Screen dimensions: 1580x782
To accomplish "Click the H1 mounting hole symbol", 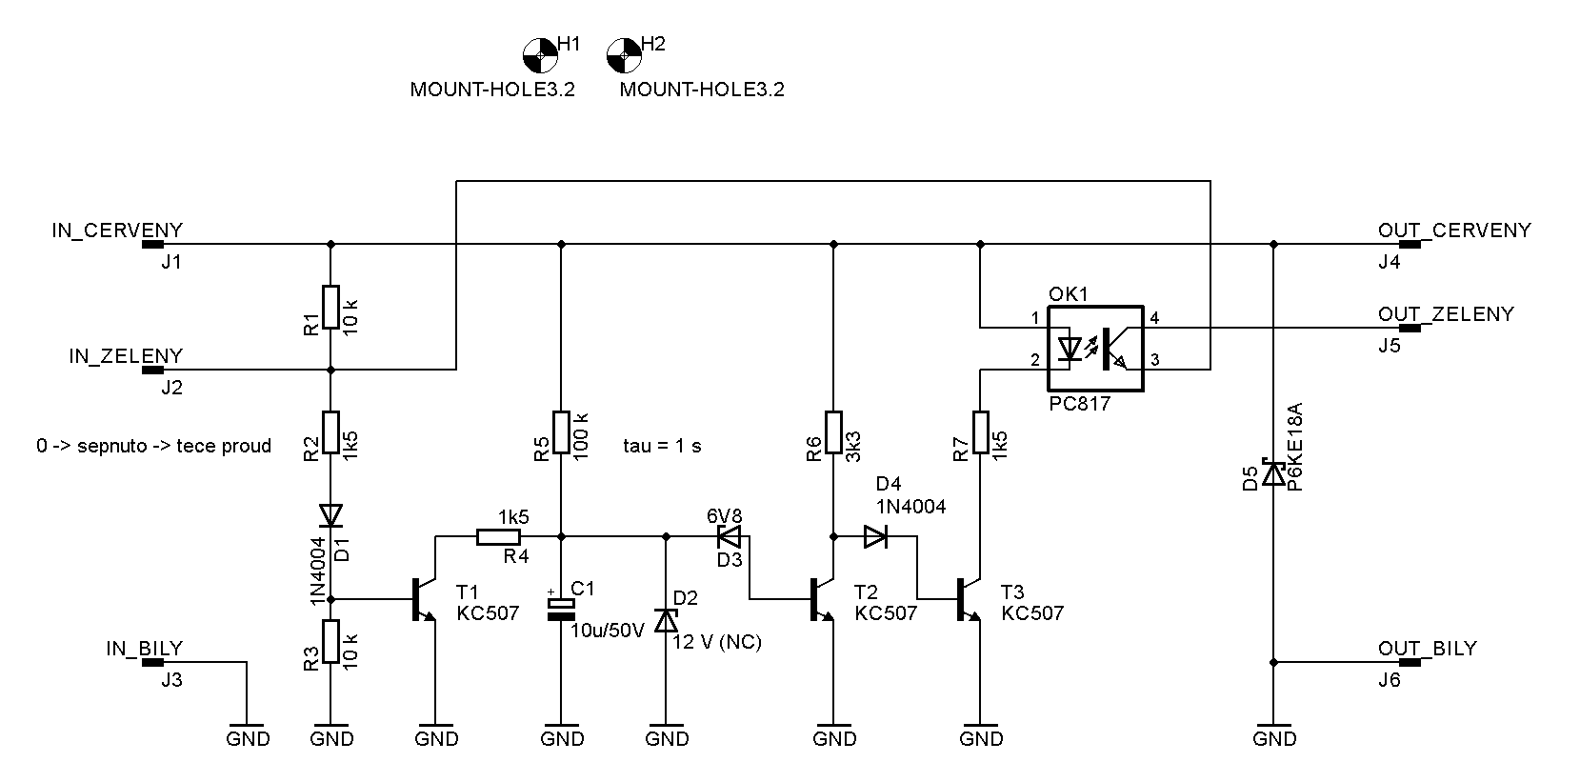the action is (540, 55).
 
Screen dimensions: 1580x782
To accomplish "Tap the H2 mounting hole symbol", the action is (624, 55).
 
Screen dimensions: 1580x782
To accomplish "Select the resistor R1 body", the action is (330, 307).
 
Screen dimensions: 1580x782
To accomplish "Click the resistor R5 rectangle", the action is (561, 432).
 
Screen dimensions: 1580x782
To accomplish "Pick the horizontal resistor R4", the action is (499, 536).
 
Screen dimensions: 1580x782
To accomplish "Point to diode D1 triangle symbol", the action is (330, 515).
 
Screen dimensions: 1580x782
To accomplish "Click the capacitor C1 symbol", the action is (562, 610).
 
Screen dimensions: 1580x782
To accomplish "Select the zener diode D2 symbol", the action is (666, 620).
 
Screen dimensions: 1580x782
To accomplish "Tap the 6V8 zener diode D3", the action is (730, 536).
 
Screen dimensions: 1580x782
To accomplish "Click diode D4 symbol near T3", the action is (875, 536).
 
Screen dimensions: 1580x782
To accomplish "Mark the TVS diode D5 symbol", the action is (1273, 473).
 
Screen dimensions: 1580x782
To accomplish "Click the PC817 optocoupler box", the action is (1095, 349).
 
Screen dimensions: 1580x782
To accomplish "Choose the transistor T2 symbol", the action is (823, 599).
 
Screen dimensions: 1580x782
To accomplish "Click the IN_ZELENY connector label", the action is (127, 356).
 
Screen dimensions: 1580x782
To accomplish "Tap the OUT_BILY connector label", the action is (1428, 649).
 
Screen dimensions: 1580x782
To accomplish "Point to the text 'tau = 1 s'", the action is (662, 446).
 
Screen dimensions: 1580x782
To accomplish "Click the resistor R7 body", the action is (980, 432).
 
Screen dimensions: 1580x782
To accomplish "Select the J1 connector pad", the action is (152, 245).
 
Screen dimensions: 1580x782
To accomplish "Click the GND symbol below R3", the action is (330, 734).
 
